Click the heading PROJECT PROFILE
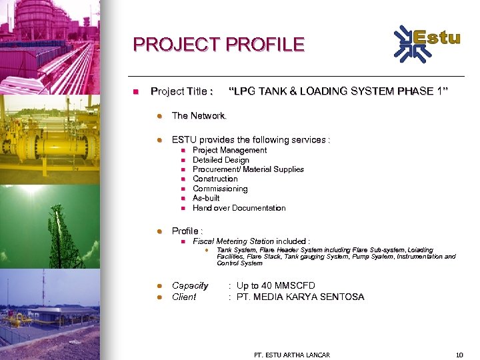coord(219,45)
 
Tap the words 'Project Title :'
coord(182,91)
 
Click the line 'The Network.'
coord(199,116)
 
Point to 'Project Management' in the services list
coord(229,150)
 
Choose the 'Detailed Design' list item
coord(221,160)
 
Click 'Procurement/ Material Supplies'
coord(248,169)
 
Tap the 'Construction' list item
coord(215,179)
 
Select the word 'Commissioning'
coord(220,189)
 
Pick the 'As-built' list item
coord(206,198)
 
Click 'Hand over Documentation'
coord(239,208)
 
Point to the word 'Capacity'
coord(190,285)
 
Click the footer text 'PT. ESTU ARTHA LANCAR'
coord(292,354)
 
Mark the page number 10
coord(459,354)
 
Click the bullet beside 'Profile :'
coord(159,231)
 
